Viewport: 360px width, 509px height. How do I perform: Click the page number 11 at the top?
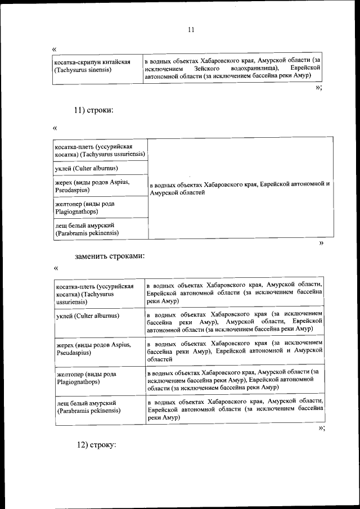(191, 30)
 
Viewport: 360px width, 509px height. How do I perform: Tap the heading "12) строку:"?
(96, 444)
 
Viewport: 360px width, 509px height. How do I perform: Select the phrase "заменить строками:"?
(110, 256)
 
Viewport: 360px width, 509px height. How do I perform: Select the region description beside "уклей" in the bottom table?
(234, 321)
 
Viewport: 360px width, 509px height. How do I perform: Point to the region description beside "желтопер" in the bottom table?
(234, 380)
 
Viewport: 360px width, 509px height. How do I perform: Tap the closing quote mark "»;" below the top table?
(319, 88)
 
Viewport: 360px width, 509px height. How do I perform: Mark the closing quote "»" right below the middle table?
(321, 243)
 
